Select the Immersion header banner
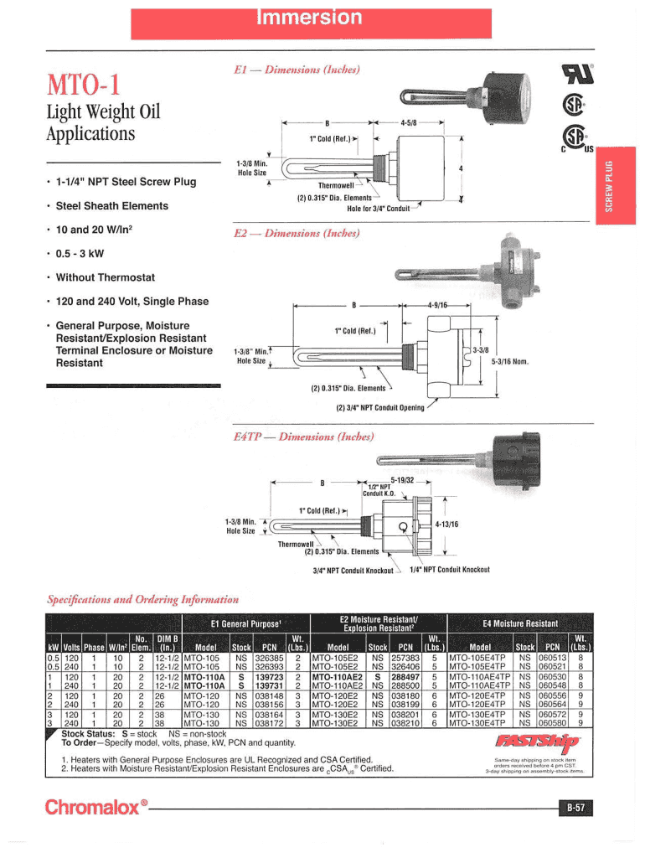click(x=322, y=18)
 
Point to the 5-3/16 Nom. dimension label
click(x=509, y=362)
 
